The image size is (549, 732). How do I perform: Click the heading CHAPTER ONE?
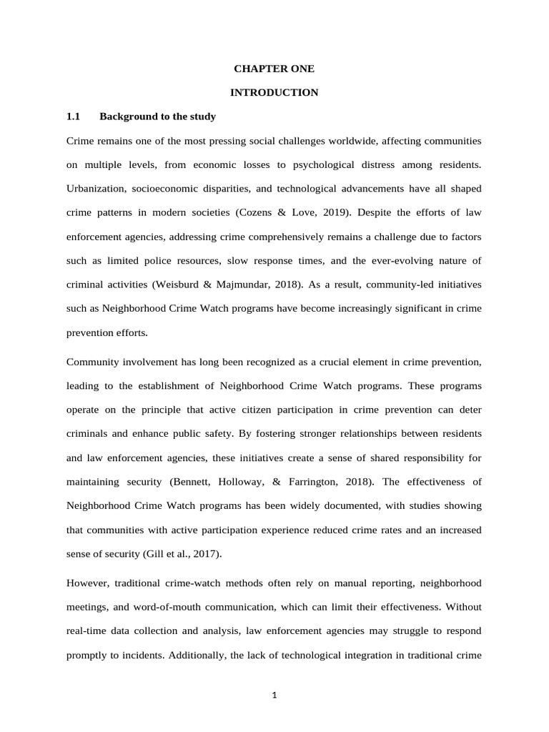point(274,69)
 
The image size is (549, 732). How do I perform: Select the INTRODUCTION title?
point(274,92)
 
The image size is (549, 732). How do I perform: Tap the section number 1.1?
point(74,116)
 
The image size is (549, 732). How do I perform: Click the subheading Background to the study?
point(157,116)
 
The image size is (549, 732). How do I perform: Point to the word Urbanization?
point(96,189)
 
